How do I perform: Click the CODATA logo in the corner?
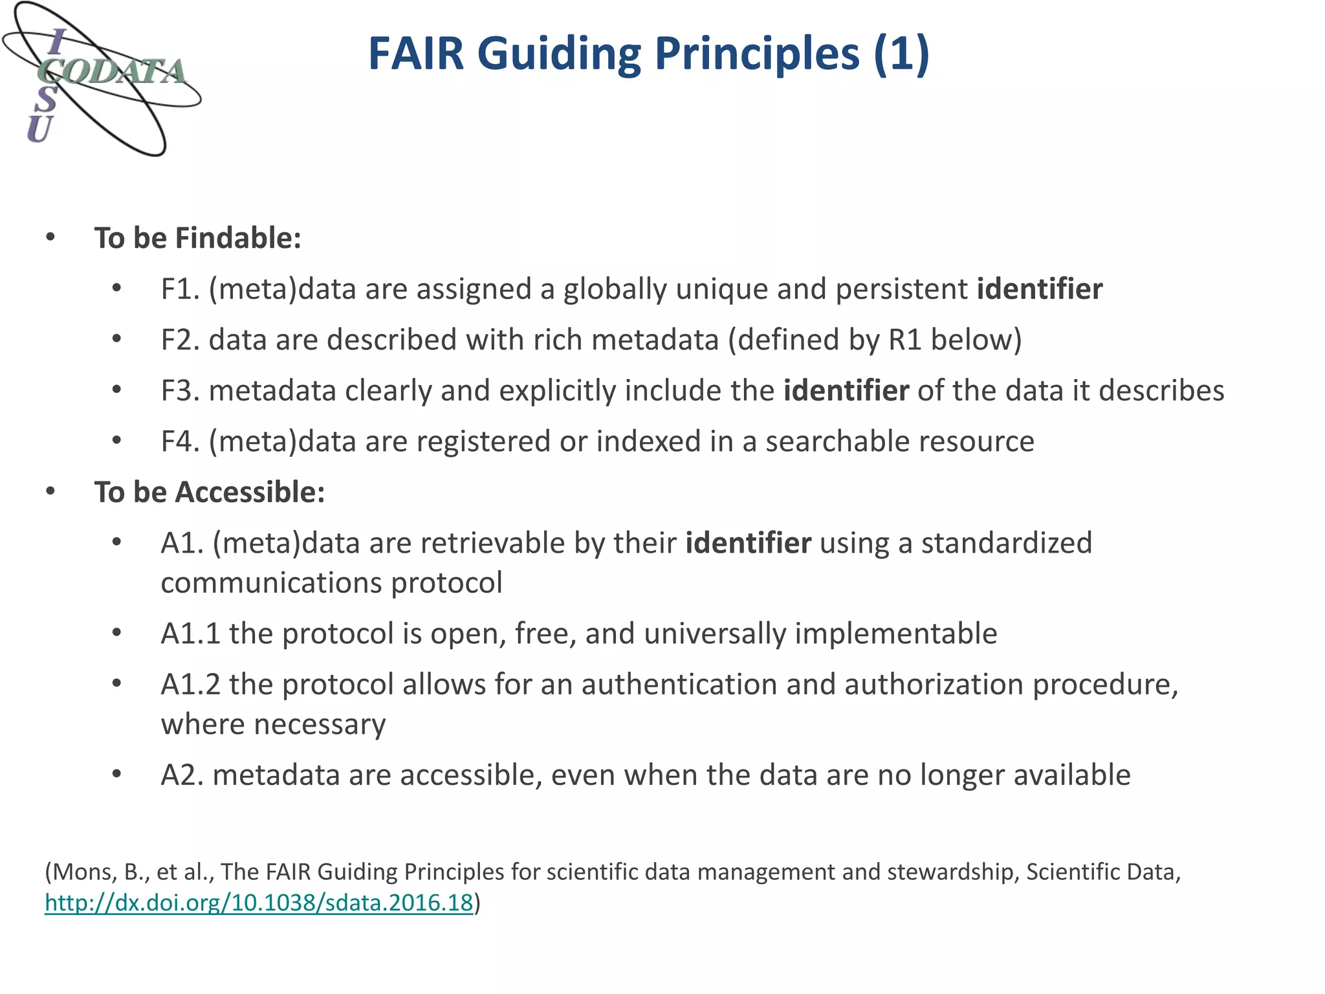(102, 79)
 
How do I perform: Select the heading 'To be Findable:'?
(198, 238)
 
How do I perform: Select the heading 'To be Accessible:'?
(210, 492)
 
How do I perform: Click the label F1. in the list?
(180, 289)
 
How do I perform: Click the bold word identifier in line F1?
(1040, 289)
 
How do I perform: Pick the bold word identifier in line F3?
(846, 391)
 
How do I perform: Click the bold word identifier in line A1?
(748, 543)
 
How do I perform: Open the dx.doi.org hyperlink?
(259, 903)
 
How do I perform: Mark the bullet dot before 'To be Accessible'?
(51, 492)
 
